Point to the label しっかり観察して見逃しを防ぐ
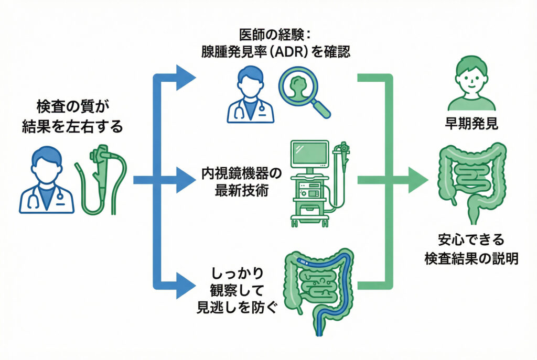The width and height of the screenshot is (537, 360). (237, 289)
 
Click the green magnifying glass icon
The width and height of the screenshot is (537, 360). (300, 89)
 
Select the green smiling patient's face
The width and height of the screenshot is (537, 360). (471, 77)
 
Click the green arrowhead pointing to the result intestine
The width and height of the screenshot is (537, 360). (417, 180)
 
